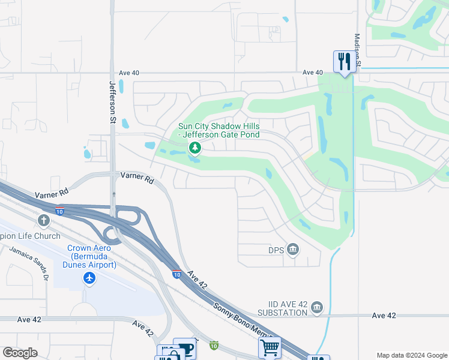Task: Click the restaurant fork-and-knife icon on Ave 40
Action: (x=344, y=62)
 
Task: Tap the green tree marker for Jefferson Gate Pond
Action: (x=194, y=148)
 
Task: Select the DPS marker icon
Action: (x=293, y=249)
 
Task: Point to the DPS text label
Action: (x=275, y=249)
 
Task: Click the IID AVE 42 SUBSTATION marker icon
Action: (x=317, y=308)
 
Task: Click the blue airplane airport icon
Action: (x=89, y=278)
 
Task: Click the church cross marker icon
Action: (x=43, y=221)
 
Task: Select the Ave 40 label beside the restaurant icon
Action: (x=313, y=73)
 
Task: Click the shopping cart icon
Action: (x=270, y=347)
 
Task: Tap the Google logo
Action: (x=20, y=352)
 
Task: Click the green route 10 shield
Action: (x=214, y=345)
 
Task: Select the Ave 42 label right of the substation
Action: (x=384, y=315)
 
